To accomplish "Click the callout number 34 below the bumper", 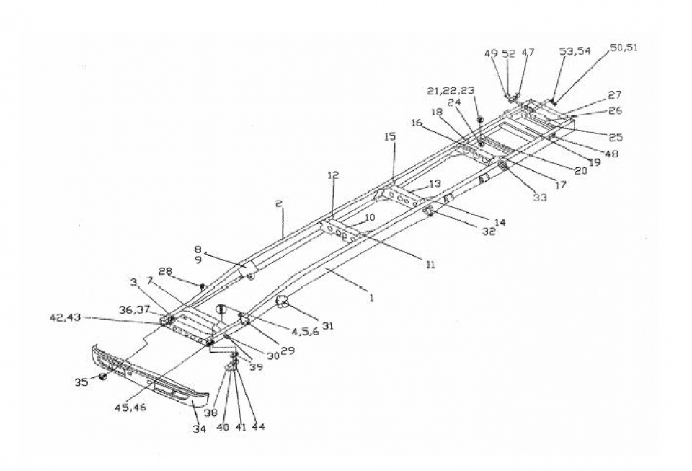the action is (200, 428).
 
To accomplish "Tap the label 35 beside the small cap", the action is (81, 382).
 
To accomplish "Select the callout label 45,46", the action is (130, 408).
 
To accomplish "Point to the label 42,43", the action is (66, 317).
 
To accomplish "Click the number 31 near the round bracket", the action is (327, 326).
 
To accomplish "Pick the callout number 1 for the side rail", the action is (372, 298).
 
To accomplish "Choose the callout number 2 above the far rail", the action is (278, 203).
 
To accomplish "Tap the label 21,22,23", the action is (451, 90).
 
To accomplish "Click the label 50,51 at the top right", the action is (624, 48).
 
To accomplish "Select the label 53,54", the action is (575, 50).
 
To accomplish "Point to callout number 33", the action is (540, 198).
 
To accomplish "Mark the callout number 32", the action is (489, 231).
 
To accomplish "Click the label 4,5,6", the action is (306, 332).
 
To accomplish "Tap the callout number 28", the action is (165, 271).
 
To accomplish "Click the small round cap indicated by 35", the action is (103, 377).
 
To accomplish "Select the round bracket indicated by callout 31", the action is (281, 301).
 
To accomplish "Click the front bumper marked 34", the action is (150, 375).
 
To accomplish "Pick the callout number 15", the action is (390, 136).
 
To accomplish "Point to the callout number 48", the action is (611, 154).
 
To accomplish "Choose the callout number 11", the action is (430, 264).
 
